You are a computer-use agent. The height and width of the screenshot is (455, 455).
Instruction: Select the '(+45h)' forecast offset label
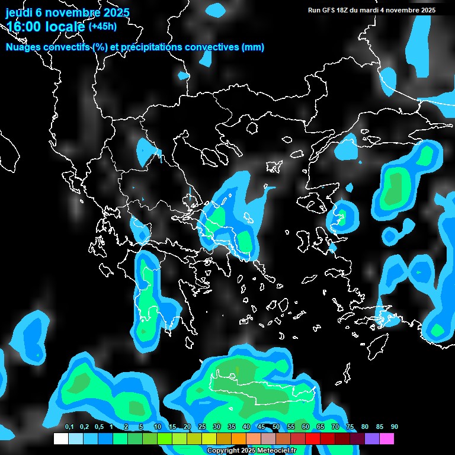point(102,26)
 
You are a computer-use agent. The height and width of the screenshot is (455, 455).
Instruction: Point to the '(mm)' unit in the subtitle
point(253,47)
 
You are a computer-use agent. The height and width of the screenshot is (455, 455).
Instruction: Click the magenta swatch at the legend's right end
point(387,439)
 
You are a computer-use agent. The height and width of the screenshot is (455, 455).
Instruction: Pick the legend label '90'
point(395,427)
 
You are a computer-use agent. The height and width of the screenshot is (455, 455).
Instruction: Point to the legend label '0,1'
point(69,427)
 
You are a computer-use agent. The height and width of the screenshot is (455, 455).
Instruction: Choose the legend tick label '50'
point(276,427)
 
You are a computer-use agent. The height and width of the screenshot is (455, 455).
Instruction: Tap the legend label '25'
point(202,427)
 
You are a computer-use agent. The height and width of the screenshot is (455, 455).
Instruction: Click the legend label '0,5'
point(99,427)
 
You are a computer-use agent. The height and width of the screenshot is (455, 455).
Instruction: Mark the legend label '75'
point(350,427)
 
